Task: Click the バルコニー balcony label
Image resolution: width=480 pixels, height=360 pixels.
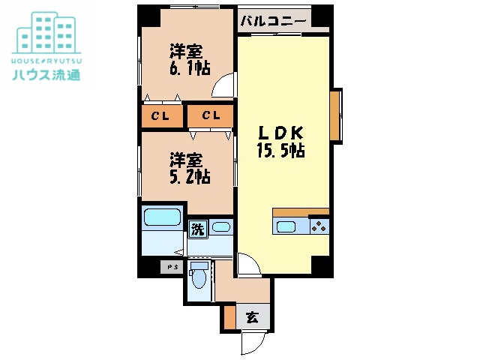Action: coord(273,21)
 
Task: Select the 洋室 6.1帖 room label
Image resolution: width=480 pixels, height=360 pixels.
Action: coord(188,58)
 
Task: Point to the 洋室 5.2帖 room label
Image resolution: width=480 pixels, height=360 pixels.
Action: coord(188,168)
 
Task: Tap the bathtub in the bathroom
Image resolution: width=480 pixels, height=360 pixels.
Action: coord(162,219)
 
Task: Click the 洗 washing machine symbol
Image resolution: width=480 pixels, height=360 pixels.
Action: coord(196,228)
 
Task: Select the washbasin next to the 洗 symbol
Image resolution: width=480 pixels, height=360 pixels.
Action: coord(220,226)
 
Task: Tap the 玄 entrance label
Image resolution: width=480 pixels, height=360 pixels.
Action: coord(252,317)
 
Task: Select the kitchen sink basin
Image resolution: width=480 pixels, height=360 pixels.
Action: coord(287,227)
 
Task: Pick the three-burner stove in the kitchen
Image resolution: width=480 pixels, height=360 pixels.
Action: coord(318,226)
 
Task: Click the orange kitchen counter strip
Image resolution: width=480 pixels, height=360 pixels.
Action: coord(301,211)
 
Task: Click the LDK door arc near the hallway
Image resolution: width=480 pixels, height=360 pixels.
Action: coord(247,264)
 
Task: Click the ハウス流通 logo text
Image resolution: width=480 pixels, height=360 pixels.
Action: coord(46,74)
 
